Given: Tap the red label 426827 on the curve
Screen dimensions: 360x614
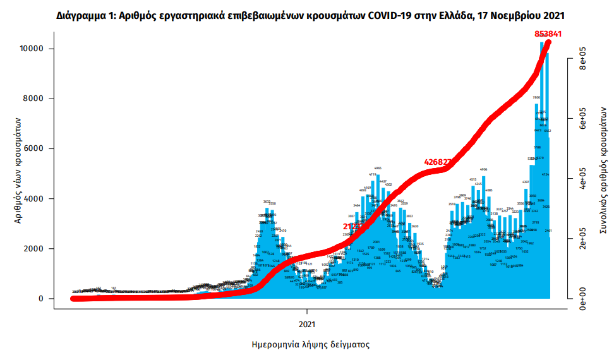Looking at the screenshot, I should click(x=438, y=162).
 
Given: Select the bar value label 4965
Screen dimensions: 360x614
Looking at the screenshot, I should click(x=378, y=169).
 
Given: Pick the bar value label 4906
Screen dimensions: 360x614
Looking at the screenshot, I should click(x=484, y=169).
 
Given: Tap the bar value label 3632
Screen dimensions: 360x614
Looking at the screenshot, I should click(x=267, y=201).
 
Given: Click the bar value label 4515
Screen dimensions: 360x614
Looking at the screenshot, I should click(x=473, y=180).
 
